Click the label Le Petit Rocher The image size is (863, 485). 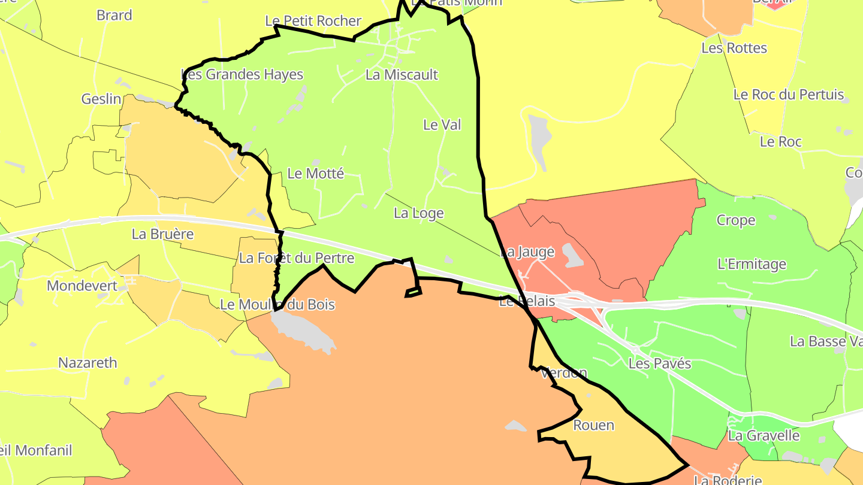coord(313,21)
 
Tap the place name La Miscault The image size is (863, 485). coord(402,75)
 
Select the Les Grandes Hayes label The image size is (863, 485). coord(242,75)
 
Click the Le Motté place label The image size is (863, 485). coord(316,174)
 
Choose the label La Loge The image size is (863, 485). coord(419,213)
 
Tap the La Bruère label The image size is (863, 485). coord(163,234)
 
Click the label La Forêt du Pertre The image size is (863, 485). coord(297,258)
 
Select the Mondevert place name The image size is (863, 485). coord(82,286)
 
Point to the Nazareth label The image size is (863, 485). coord(87,363)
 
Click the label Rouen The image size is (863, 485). coord(593,425)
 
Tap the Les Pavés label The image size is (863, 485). coord(660,363)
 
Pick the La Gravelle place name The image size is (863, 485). coord(764,435)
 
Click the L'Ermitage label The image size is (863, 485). coord(752,264)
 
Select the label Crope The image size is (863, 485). coord(736,220)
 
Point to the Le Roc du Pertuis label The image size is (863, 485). coord(789,95)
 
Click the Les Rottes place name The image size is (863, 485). coord(734,48)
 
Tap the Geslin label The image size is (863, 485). coord(101,99)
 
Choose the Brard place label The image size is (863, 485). coord(114,15)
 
